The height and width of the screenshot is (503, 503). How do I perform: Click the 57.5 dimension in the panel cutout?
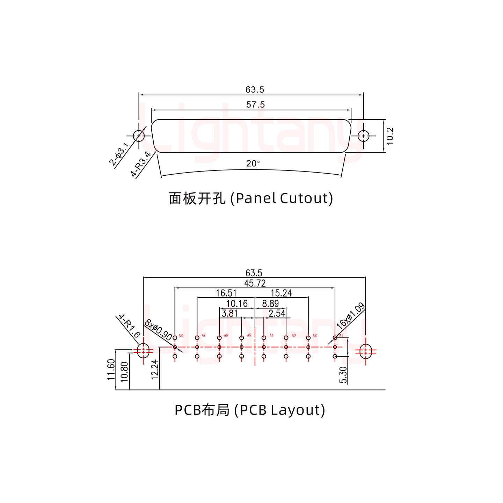[255, 104]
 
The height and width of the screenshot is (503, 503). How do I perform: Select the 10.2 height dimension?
[390, 136]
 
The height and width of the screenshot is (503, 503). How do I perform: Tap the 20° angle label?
[253, 163]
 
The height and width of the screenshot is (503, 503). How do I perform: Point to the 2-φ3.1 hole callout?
[119, 154]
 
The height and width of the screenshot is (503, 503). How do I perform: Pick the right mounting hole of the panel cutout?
[364, 136]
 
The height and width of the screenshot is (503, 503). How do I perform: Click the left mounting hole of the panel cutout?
[139, 136]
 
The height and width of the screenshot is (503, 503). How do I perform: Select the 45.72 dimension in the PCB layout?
[255, 283]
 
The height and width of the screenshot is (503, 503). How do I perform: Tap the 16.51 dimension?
[226, 293]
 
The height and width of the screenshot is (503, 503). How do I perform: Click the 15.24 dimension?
[281, 293]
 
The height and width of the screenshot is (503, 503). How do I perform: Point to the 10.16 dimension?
[237, 304]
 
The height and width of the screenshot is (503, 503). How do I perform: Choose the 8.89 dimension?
[270, 304]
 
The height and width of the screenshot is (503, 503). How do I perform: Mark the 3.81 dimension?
[229, 313]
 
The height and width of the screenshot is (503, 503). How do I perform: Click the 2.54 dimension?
[277, 313]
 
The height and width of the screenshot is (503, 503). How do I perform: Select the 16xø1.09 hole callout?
[350, 316]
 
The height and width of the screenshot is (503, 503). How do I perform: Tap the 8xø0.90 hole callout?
[158, 330]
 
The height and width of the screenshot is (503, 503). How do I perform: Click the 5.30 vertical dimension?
[343, 375]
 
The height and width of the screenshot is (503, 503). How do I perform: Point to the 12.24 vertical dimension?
[155, 369]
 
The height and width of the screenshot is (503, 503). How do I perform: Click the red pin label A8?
[181, 336]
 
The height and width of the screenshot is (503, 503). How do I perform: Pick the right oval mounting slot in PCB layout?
[365, 351]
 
